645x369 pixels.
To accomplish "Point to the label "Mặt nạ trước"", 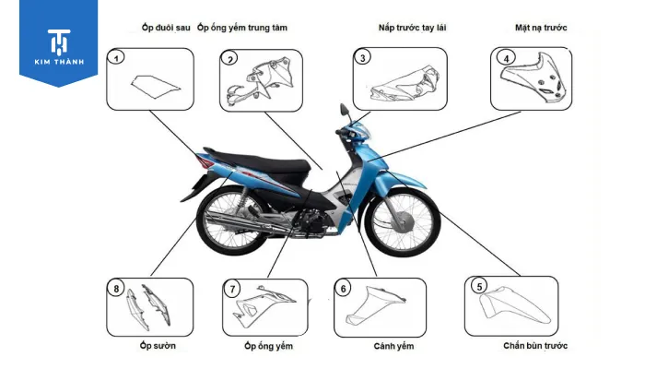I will [x=540, y=28].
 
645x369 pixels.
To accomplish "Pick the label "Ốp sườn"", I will [x=158, y=347].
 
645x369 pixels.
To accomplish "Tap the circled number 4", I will [x=505, y=58].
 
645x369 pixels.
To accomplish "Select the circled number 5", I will [x=478, y=286].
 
